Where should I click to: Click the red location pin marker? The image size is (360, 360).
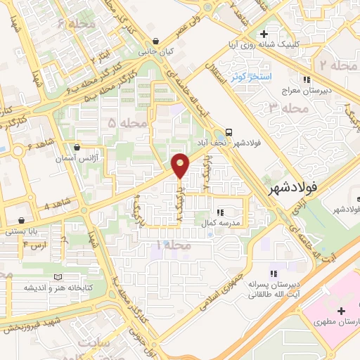pyautogui.click(x=181, y=165)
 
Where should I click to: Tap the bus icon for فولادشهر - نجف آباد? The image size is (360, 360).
pyautogui.click(x=228, y=133)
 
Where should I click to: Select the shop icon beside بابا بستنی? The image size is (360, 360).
pyautogui.click(x=22, y=220)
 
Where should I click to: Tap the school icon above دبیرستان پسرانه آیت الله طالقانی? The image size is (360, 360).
pyautogui.click(x=274, y=272)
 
